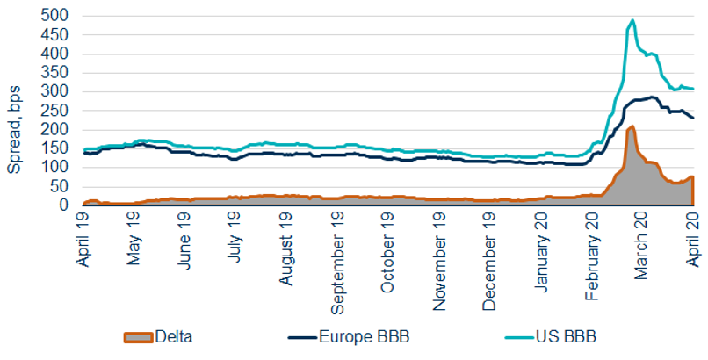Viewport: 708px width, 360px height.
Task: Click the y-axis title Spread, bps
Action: pos(15,111)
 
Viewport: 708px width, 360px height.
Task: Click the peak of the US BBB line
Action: pos(632,20)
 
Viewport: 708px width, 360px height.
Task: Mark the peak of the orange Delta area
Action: pos(632,126)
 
